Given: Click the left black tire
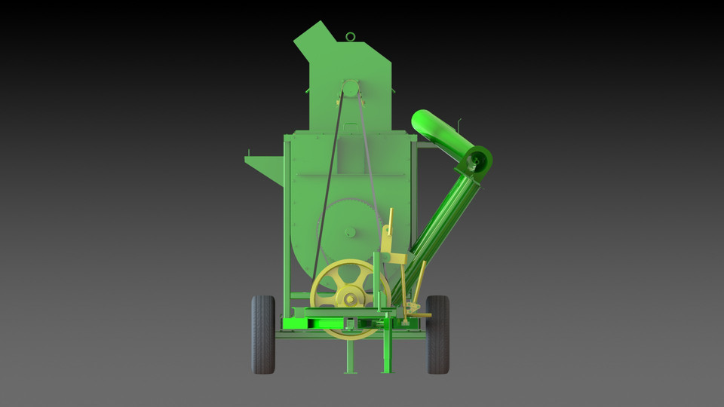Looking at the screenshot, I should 262,335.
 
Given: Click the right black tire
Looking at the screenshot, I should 437,335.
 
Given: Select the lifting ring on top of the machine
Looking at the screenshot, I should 351,36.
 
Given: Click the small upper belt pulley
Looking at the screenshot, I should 350,89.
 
